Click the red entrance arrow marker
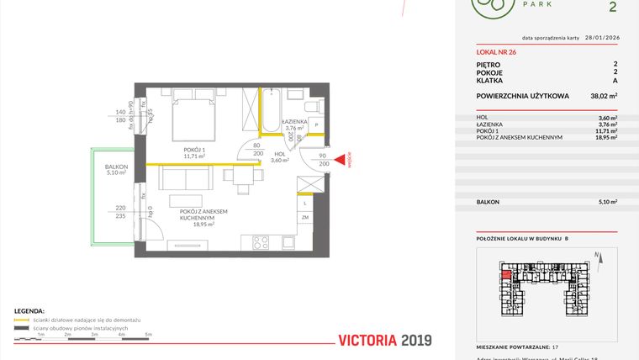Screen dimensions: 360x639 click(x=341, y=160)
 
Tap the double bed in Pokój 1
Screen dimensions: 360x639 click(x=195, y=121)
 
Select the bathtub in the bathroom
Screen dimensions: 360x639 click(x=272, y=111)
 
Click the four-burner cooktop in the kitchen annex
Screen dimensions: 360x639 click(x=261, y=242)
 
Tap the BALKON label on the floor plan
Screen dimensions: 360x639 click(x=116, y=167)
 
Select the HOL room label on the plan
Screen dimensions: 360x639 click(x=280, y=154)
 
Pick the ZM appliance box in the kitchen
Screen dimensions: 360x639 click(x=304, y=218)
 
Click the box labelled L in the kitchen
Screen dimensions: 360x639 click(x=304, y=202)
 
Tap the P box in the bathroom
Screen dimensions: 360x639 click(x=316, y=125)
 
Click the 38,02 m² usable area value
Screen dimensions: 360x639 click(x=604, y=97)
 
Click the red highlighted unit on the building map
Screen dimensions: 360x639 click(x=505, y=272)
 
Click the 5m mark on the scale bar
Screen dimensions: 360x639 click(x=149, y=334)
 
